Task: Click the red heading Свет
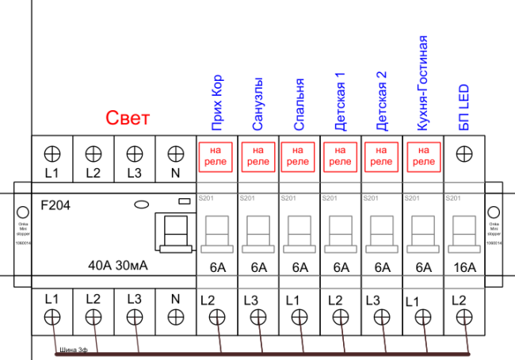coord(128,120)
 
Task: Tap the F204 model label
coord(55,205)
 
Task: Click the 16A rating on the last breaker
coord(464,267)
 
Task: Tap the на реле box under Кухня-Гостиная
coord(423,155)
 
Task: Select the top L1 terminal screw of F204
coord(52,151)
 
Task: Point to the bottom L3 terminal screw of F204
coord(134,317)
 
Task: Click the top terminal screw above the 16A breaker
coord(464,151)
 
